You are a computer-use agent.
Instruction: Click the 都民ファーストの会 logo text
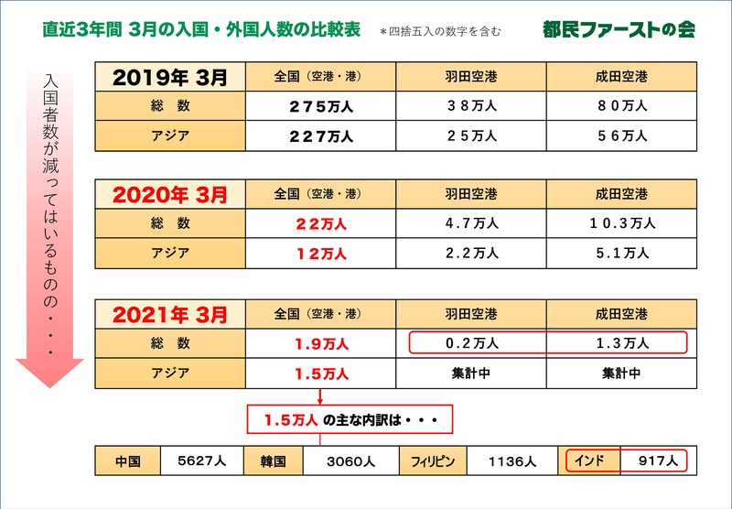tap(619, 29)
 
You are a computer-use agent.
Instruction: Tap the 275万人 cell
tap(320, 106)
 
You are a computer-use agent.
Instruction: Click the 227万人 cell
tap(320, 136)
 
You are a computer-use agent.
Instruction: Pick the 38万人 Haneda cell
tap(471, 106)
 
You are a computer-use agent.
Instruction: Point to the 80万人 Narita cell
tap(622, 106)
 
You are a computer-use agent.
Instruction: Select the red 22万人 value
tap(320, 223)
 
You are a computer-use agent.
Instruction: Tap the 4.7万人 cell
tap(471, 223)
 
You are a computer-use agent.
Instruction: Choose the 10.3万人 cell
tap(622, 223)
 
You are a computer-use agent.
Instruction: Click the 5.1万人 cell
tap(622, 254)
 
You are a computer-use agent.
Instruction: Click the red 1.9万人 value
tap(320, 343)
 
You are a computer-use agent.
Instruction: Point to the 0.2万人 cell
tap(471, 343)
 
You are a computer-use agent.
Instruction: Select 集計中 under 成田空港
tap(622, 373)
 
